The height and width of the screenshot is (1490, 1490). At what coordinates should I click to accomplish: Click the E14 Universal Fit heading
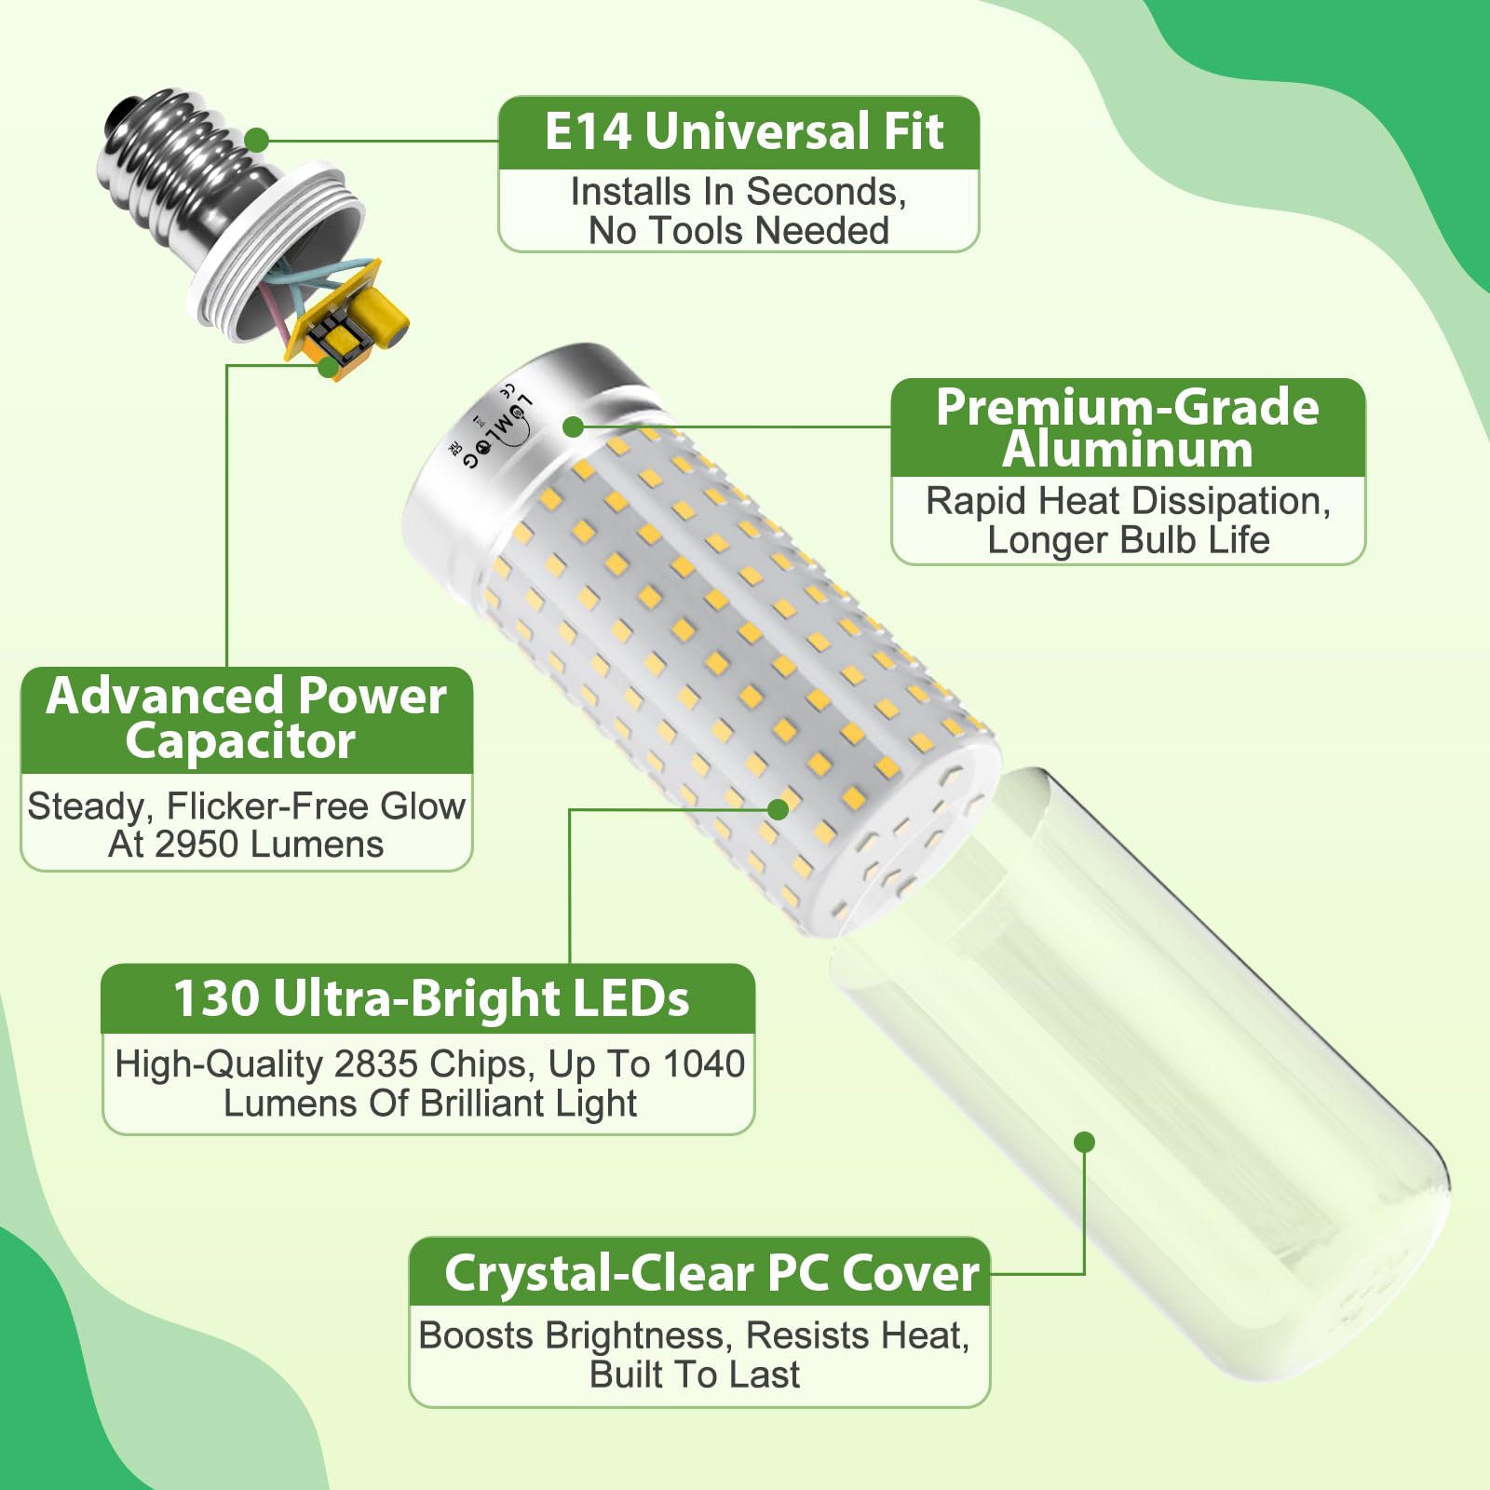click(x=743, y=130)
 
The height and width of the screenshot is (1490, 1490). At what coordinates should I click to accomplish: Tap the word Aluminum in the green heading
click(x=1127, y=450)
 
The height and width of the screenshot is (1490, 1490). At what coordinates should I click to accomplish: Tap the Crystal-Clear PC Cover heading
click(x=712, y=1274)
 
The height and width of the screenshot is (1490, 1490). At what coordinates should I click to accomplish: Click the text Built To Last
click(x=695, y=1375)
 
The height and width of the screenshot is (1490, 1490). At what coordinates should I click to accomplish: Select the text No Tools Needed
click(x=738, y=231)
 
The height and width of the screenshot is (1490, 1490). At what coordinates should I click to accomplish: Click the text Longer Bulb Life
click(x=1128, y=540)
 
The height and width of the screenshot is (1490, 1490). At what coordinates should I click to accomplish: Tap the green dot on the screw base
click(x=257, y=142)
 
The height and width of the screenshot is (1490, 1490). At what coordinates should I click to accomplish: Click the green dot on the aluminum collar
click(x=574, y=427)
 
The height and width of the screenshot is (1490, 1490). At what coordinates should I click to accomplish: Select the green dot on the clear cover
click(x=1084, y=1142)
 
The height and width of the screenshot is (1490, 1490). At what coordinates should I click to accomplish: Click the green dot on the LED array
click(x=779, y=809)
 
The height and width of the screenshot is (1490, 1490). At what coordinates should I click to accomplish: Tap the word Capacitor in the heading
click(x=240, y=742)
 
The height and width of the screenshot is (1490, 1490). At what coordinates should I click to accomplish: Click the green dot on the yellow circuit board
click(x=328, y=366)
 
